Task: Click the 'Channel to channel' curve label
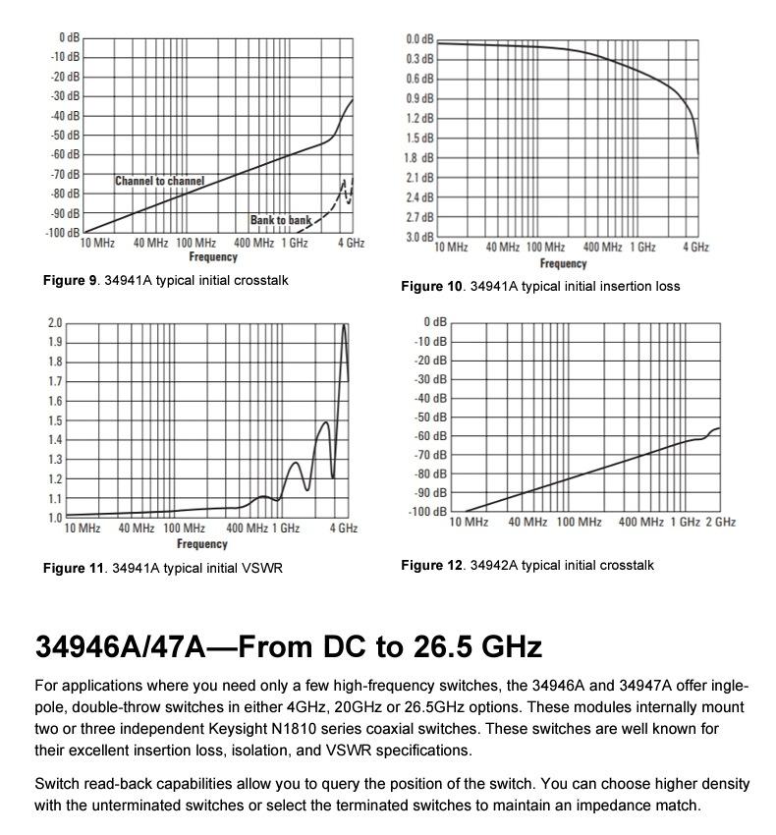[x=159, y=181]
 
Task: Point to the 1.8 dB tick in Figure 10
[x=419, y=157]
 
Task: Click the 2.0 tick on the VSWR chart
[x=55, y=323]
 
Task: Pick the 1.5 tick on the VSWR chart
[x=55, y=420]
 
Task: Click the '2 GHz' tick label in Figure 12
[x=720, y=522]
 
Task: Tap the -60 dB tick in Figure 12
[x=433, y=436]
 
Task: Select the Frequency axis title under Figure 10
[x=563, y=263]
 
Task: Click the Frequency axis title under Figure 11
[x=202, y=543]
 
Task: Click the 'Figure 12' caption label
[x=431, y=565]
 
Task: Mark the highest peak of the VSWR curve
[x=344, y=325]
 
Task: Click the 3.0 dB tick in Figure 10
[x=419, y=237]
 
